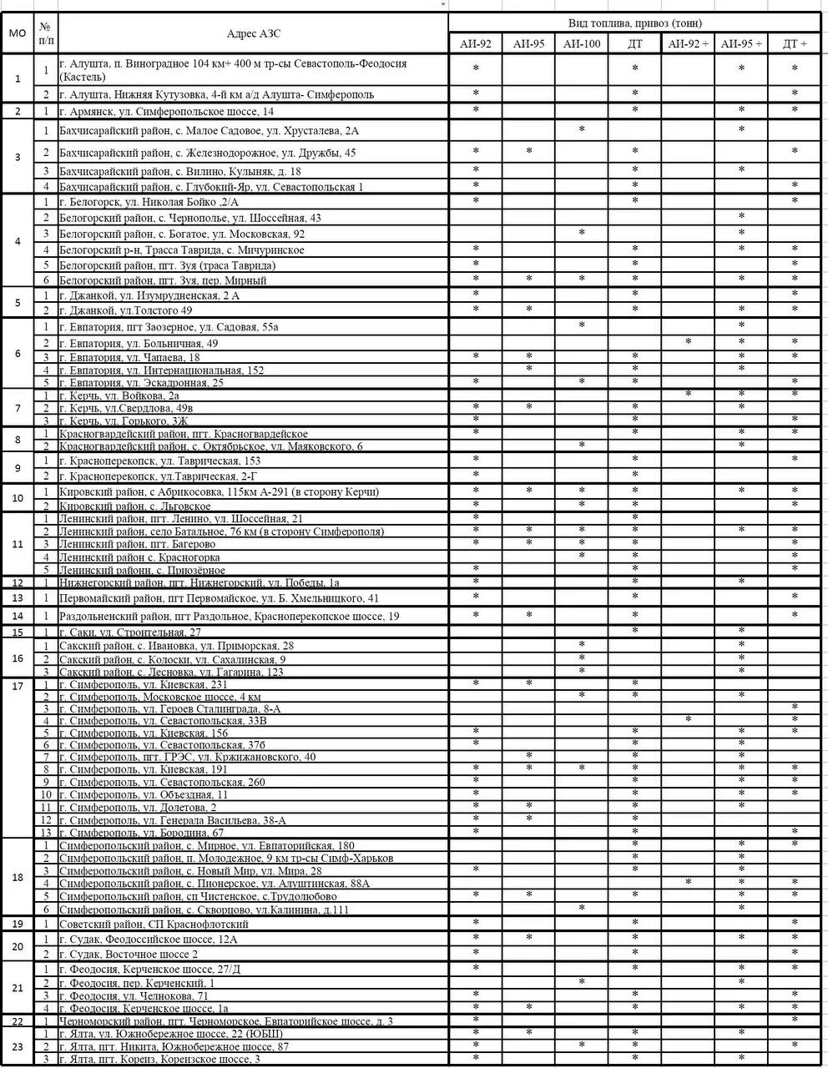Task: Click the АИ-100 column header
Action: [x=582, y=44]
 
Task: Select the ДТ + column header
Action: [x=795, y=44]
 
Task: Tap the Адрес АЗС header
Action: [x=254, y=34]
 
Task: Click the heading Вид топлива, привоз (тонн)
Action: [x=637, y=23]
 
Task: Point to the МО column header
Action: [x=17, y=34]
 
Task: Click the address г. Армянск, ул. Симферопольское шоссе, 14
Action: [x=167, y=111]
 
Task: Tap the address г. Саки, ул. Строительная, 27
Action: [x=130, y=632]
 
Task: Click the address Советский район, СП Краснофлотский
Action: [x=154, y=924]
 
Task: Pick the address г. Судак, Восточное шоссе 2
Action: [x=129, y=954]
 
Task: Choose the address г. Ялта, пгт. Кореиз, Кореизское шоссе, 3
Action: [x=159, y=1060]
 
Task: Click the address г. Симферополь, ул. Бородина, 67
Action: [x=142, y=833]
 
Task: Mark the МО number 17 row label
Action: [x=17, y=686]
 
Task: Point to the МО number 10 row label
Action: [x=17, y=498]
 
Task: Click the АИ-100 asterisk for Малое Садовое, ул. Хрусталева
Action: [x=582, y=130]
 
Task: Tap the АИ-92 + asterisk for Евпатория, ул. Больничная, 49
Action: [x=688, y=343]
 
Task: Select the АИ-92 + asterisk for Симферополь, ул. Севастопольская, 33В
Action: [x=688, y=719]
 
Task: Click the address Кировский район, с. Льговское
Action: [x=134, y=506]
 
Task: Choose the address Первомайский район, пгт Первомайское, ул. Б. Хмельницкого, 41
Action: [x=220, y=598]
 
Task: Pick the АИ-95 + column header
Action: [x=741, y=44]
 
